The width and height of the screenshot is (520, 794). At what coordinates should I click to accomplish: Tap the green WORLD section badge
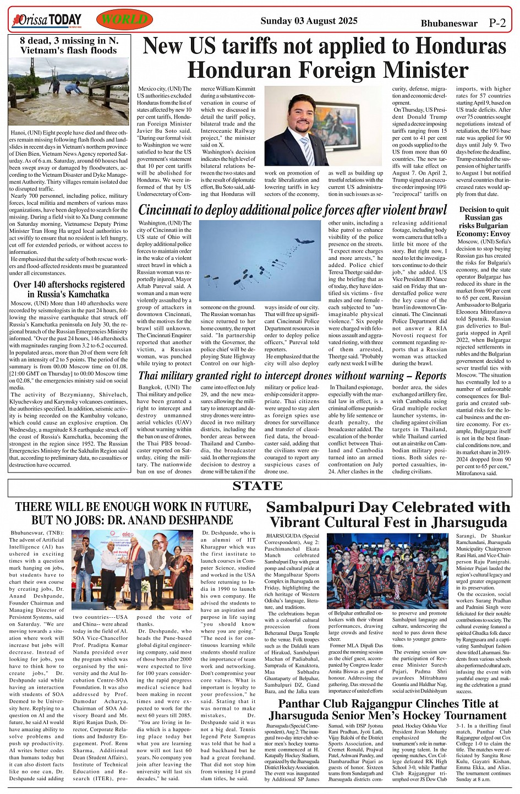point(124,21)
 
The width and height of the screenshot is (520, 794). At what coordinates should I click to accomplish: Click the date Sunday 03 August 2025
point(309,21)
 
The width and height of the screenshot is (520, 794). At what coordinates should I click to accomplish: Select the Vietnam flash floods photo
point(69,92)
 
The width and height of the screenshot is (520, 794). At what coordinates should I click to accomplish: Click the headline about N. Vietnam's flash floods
point(69,45)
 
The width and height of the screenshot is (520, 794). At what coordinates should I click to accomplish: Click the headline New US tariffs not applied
point(324,58)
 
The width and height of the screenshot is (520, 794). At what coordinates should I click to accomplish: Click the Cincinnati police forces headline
point(293,210)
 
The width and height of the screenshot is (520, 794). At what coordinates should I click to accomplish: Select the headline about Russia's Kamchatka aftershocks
point(69,290)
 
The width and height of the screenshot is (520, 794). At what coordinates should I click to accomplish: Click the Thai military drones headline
point(292,376)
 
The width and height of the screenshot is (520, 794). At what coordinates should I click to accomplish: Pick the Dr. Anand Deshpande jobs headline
point(133,513)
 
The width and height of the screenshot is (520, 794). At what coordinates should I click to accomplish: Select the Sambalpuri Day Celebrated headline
point(388,514)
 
